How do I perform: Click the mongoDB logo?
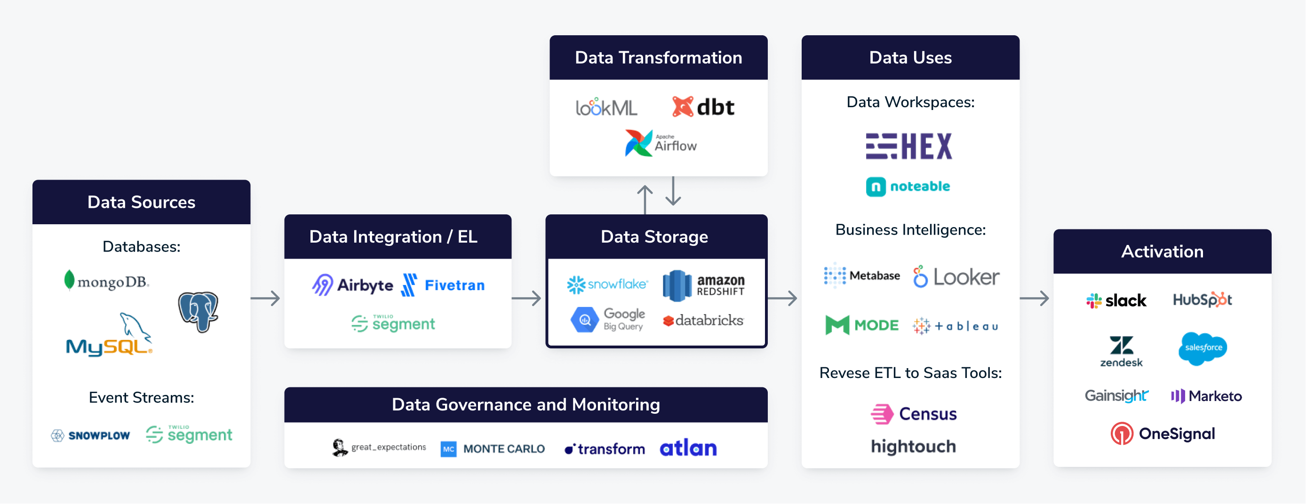(106, 281)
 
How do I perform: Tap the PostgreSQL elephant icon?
(198, 312)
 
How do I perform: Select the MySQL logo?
(109, 337)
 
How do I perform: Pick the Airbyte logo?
(352, 285)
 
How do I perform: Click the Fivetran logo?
(443, 285)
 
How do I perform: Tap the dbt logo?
(703, 107)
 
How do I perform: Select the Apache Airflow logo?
(660, 143)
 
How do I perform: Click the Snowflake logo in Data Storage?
(607, 284)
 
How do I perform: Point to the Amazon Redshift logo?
(704, 285)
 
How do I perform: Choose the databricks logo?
(703, 321)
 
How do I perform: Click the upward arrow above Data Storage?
(645, 198)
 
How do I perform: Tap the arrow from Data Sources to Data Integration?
(265, 299)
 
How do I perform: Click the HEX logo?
(909, 146)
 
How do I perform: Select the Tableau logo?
(955, 326)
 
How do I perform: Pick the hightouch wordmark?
(913, 447)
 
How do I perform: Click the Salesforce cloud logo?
(1202, 348)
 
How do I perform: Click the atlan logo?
(688, 448)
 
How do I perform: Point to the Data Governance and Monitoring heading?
(526, 405)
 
